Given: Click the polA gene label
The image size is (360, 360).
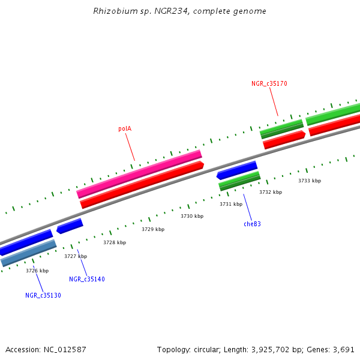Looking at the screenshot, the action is [125, 128].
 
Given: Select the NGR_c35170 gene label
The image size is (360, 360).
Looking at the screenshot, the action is [269, 83].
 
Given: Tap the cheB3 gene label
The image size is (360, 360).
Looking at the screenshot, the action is [252, 224].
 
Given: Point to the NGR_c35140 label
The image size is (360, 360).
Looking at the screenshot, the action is [87, 279].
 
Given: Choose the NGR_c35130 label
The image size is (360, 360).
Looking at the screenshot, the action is [43, 295].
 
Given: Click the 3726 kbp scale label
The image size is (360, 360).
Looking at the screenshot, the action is [37, 271].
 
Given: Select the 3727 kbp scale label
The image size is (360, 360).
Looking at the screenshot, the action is [76, 256].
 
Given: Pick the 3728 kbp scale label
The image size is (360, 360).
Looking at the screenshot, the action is [115, 242].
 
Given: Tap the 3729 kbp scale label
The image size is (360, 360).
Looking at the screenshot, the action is [153, 229].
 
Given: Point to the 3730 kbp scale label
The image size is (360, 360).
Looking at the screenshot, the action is [192, 216].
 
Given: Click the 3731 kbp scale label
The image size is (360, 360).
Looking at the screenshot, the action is [231, 204].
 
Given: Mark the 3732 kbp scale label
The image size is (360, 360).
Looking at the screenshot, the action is [271, 192].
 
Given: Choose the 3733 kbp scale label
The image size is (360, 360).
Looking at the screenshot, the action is [310, 181].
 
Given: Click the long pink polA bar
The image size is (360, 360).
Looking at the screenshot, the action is [139, 174].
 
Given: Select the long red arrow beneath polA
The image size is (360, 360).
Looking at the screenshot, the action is [142, 185].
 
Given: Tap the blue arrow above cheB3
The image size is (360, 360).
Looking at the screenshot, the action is [237, 170].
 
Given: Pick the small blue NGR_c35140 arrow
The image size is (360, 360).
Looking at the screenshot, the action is [70, 226].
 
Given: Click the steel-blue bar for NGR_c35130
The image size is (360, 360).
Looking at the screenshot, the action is [28, 253].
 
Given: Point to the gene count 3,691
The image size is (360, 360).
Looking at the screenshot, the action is [343, 349].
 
